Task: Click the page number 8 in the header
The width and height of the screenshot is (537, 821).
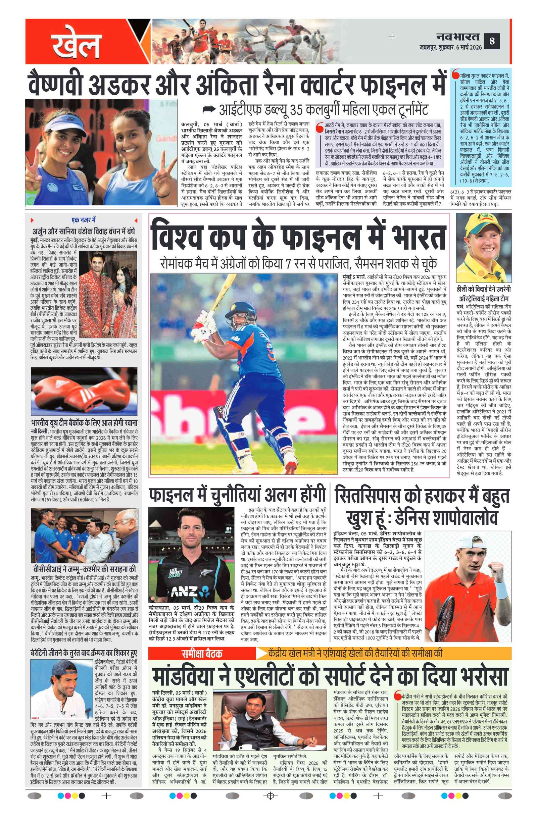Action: (492, 41)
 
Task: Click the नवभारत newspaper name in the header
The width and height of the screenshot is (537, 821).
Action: (457, 36)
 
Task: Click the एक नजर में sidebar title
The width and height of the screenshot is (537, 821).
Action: (83, 220)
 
